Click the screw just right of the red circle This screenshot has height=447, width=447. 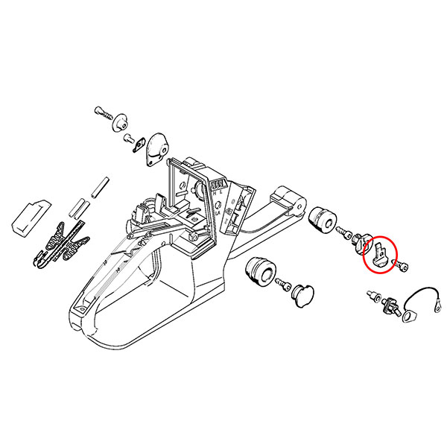[x=402, y=265]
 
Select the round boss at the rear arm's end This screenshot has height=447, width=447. [x=294, y=200]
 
